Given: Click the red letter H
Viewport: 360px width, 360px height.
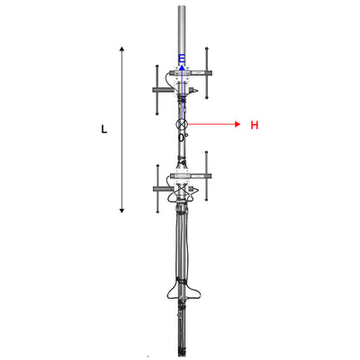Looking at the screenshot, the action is [x=255, y=125].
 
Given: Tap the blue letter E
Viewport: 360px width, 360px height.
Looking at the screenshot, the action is [x=182, y=58].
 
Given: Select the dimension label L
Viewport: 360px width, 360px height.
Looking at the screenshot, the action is [x=104, y=130].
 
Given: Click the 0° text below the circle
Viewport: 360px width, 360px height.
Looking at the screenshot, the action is [x=183, y=138].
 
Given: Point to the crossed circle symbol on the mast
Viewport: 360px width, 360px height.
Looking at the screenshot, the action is [x=182, y=124].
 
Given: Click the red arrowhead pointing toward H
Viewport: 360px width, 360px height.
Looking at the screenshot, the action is [x=238, y=124].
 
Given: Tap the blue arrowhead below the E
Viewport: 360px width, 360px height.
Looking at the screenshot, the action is [x=182, y=67].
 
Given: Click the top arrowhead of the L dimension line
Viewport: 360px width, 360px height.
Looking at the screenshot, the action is [x=121, y=49].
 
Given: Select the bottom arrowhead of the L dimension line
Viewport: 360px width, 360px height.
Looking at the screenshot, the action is [x=121, y=211].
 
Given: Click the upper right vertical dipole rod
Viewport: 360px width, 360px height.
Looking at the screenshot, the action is [x=207, y=73].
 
